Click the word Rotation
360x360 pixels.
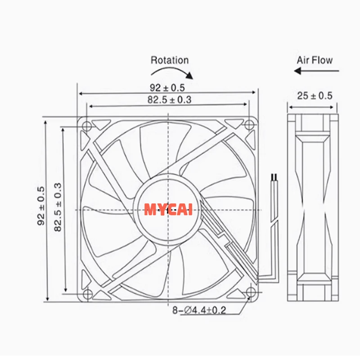tap(170, 60)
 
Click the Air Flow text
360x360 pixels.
tap(315, 60)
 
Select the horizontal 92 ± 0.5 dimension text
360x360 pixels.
tap(167, 88)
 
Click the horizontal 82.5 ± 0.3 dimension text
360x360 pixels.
tap(169, 100)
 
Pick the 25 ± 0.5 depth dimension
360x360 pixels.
tap(315, 95)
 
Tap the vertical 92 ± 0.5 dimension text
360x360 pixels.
tap(41, 206)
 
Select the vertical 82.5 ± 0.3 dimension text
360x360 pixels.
tap(58, 207)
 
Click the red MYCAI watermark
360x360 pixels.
tap(168, 210)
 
